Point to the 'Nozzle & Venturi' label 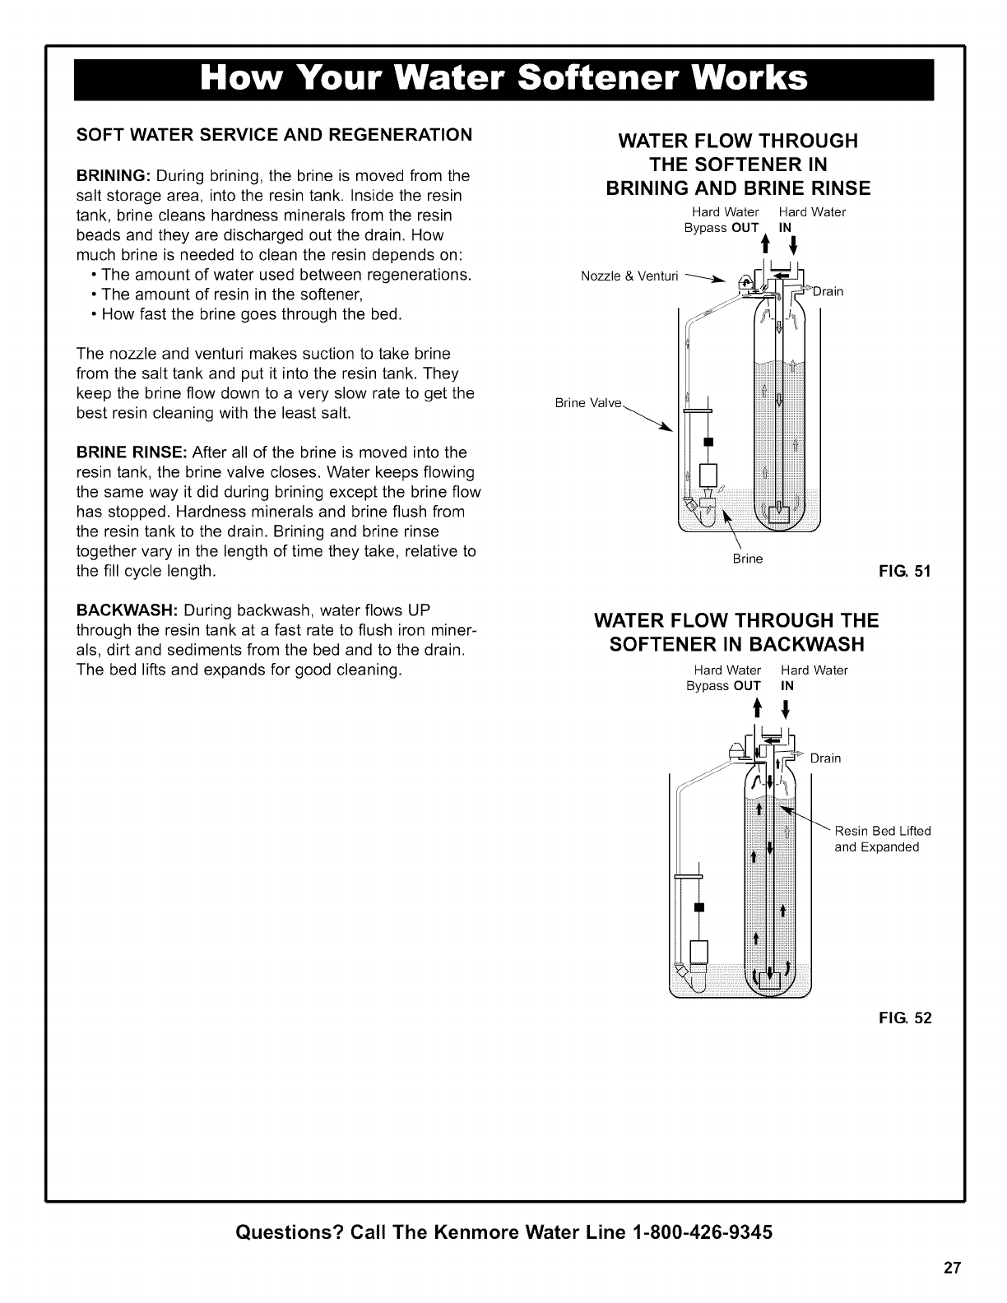(x=629, y=276)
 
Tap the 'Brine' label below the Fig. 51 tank (x=748, y=559)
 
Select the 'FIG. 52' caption (x=910, y=1018)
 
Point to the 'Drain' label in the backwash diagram (x=825, y=758)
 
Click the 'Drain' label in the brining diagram (x=828, y=291)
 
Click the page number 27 (x=952, y=1267)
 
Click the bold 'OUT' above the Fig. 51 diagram (x=745, y=228)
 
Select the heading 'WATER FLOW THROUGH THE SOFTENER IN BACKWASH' (x=736, y=630)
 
